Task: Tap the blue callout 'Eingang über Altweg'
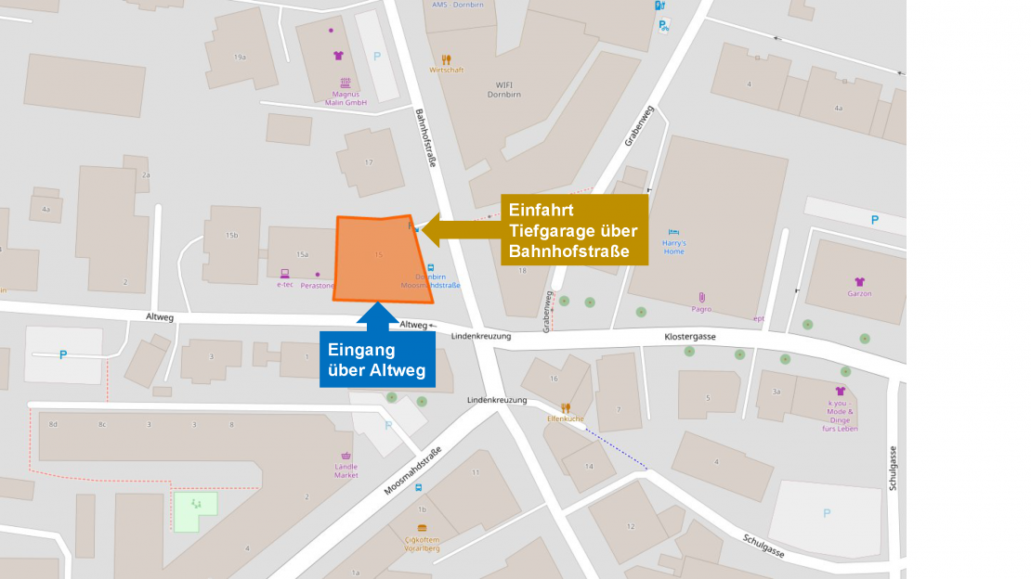(376, 361)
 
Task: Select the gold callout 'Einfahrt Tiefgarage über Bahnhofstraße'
(573, 230)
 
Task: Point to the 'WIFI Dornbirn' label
(504, 89)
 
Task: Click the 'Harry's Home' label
(673, 247)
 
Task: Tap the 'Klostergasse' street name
(690, 337)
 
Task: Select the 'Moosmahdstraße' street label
(412, 472)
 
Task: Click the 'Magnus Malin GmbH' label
(346, 97)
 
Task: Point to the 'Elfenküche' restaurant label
(565, 418)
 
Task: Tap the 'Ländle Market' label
(346, 470)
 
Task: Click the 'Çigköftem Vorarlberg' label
(422, 544)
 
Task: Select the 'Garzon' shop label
(859, 292)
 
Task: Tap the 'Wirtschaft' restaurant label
(446, 70)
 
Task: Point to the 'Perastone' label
(318, 285)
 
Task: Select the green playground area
(195, 509)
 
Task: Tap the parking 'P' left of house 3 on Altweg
(63, 354)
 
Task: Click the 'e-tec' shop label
(284, 284)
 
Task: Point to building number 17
(369, 162)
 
